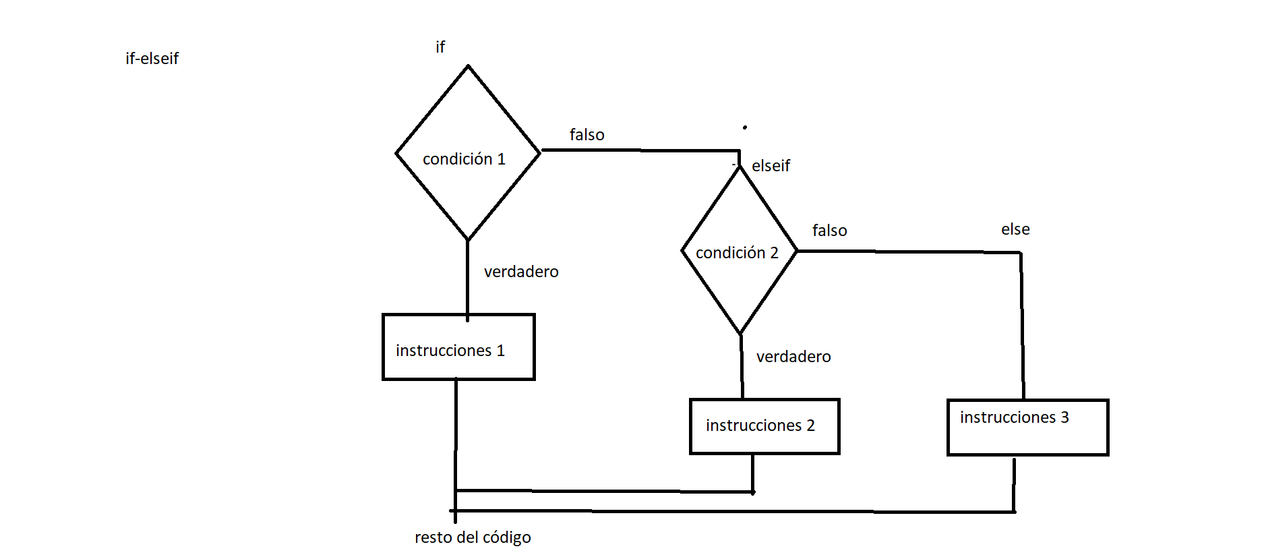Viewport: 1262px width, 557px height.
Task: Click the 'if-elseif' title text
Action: [152, 59]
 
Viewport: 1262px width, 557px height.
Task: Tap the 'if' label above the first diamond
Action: [440, 47]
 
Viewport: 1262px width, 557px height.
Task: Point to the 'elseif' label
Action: [771, 166]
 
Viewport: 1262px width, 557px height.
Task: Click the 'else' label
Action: [1015, 229]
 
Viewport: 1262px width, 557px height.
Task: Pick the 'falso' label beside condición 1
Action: [587, 135]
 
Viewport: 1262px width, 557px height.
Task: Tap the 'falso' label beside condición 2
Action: [829, 231]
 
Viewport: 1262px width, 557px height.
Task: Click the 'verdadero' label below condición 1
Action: [521, 272]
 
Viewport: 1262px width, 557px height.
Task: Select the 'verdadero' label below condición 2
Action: [793, 357]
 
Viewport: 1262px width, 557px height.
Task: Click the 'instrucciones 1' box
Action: [458, 347]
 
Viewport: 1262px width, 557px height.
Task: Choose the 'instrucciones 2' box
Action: [764, 426]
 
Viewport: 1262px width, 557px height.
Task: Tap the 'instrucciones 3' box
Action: [1027, 428]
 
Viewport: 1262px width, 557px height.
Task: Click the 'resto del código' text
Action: [473, 537]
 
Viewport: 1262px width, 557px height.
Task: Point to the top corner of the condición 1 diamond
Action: [468, 67]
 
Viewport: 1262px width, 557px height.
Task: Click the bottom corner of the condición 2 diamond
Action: [740, 333]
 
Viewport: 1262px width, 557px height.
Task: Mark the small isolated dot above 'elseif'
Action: [745, 127]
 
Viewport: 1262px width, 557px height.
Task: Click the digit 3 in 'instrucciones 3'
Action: [1064, 417]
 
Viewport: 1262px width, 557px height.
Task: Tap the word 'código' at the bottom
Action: [507, 537]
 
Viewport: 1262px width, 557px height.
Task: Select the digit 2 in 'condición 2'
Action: [774, 253]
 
